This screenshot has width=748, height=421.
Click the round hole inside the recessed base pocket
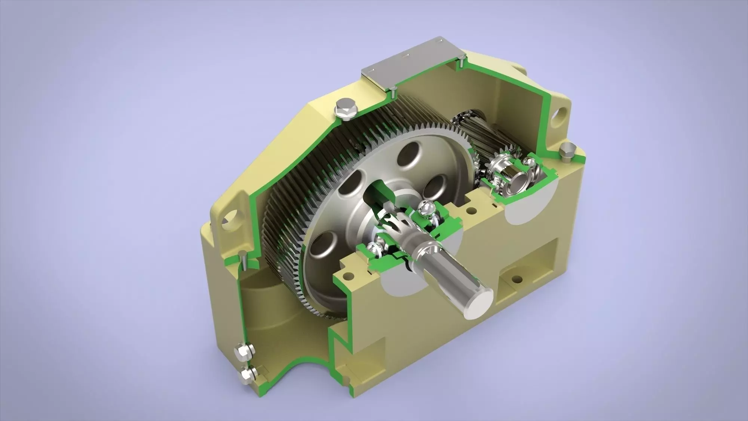(516, 279)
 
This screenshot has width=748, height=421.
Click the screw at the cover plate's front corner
(393, 89)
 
